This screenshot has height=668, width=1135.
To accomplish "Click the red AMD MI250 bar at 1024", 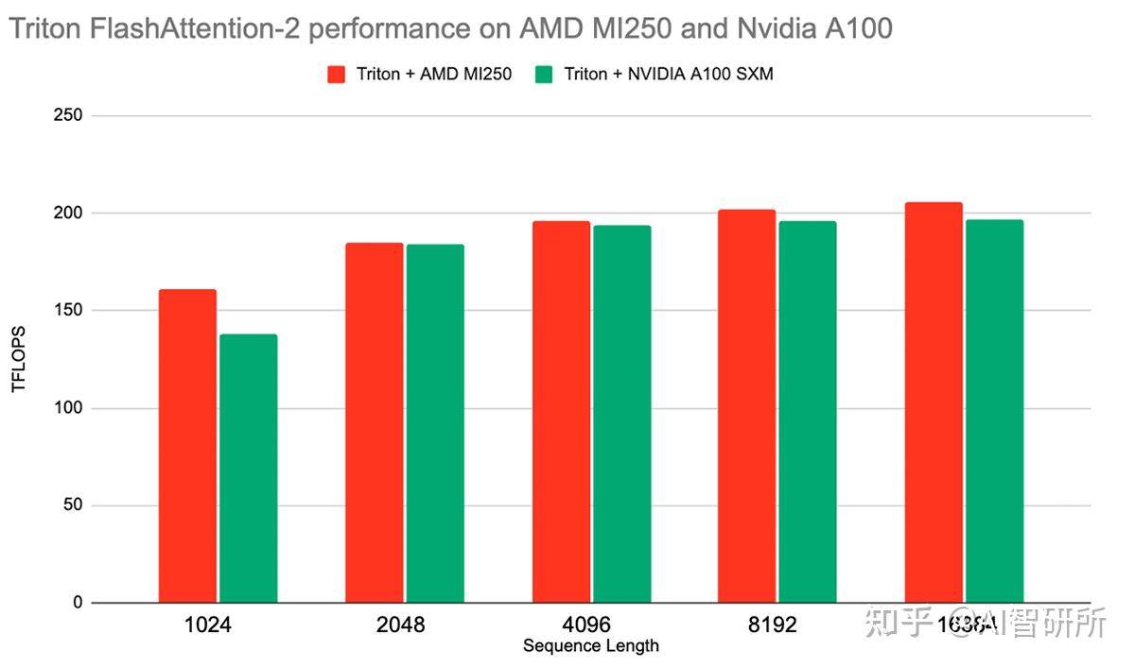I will point(187,446).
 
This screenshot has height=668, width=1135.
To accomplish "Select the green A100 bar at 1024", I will point(248,469).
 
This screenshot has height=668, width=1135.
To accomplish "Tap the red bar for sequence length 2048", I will point(374,422).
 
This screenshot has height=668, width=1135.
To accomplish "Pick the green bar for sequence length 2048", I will point(435,423).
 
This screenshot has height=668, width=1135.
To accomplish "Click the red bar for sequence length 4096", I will point(561,412).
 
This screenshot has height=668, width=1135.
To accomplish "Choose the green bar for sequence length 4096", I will point(621,414).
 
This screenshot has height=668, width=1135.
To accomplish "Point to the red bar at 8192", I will point(746,406).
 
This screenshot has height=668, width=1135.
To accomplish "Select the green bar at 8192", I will point(808,412).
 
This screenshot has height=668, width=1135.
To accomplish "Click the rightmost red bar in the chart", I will point(933,403).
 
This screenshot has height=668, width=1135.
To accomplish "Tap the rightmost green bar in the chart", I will point(994,411).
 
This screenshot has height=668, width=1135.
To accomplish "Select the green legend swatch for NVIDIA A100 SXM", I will point(544,75).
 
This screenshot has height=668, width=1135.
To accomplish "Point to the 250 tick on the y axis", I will point(70,115).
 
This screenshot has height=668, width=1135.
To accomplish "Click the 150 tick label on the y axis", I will point(70,311).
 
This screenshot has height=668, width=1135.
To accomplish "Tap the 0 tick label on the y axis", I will point(79,603).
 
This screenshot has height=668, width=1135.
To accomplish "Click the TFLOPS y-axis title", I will point(18,359).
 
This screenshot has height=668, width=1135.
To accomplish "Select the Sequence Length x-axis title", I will point(590,646).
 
